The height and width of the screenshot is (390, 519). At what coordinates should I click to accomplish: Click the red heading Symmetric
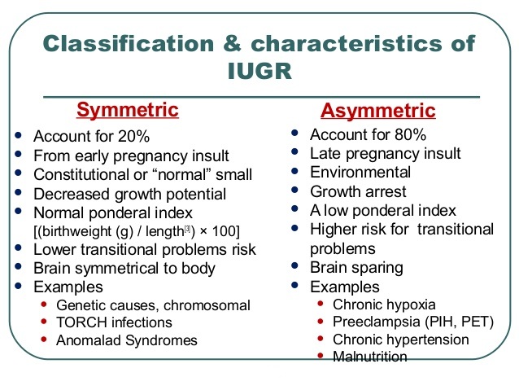click(127, 109)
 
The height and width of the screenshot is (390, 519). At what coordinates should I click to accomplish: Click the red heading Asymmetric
click(378, 111)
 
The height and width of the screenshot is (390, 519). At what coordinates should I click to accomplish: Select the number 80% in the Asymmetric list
click(409, 134)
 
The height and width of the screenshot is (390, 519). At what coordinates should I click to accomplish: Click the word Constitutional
click(84, 175)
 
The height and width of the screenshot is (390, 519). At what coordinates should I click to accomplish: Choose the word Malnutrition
click(370, 357)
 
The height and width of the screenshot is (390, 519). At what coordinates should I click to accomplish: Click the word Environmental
click(360, 172)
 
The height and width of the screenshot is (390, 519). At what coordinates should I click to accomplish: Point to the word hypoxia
click(408, 305)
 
